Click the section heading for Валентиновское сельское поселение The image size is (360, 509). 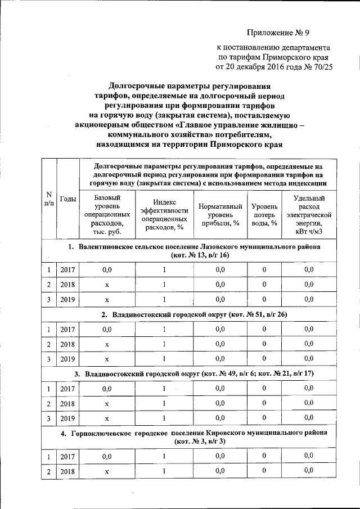(195, 251)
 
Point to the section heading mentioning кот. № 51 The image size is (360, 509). (195, 314)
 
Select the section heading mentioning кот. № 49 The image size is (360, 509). (195, 373)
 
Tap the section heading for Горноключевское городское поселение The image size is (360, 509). (195, 437)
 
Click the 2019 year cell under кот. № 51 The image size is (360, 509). (68, 358)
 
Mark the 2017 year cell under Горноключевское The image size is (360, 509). (68, 456)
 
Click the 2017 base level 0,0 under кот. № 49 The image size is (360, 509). (106, 388)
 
